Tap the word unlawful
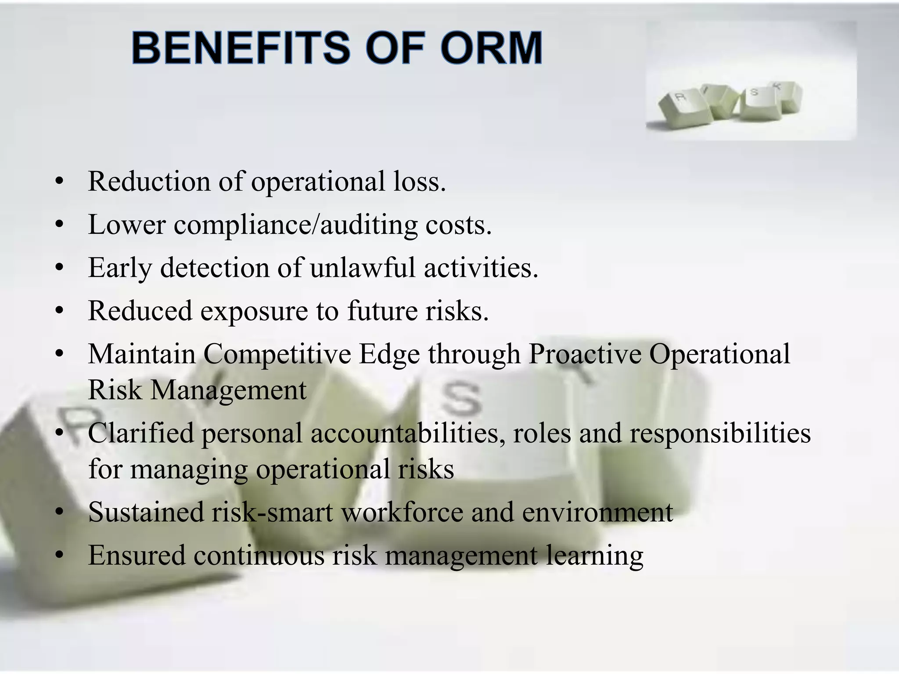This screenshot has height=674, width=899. click(362, 268)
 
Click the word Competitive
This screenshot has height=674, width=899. click(277, 354)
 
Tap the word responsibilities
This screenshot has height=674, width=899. click(720, 433)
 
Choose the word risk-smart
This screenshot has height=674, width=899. click(272, 512)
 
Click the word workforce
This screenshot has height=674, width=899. click(402, 512)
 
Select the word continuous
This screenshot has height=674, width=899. click(259, 555)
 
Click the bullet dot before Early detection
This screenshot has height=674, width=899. click(60, 268)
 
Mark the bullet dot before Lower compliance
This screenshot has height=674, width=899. click(60, 225)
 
